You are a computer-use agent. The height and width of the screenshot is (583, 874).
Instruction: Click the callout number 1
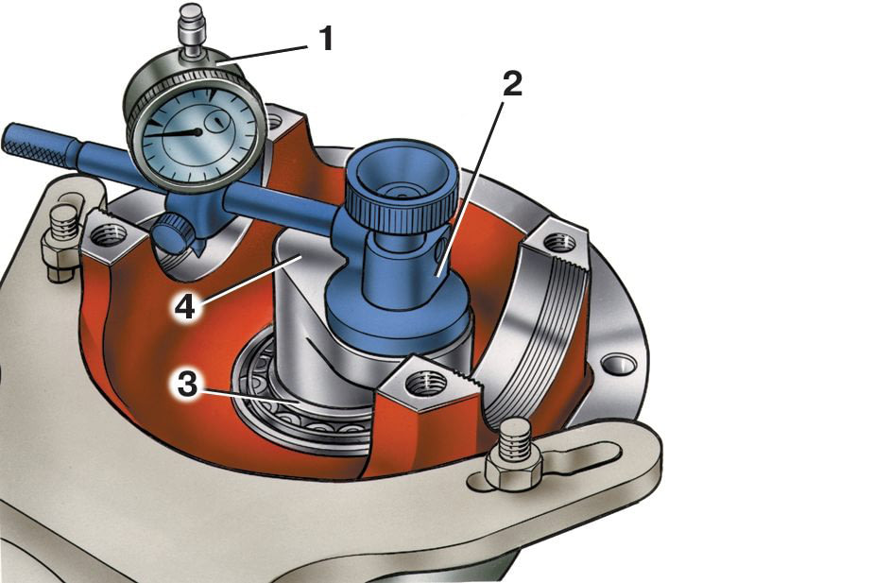[x=326, y=39]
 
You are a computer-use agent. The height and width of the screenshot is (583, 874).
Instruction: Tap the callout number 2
[x=512, y=84]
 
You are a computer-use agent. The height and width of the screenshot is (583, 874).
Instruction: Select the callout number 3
[x=187, y=386]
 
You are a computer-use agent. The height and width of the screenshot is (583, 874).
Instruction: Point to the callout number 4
[x=185, y=306]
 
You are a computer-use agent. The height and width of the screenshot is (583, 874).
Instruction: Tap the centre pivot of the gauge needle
[x=197, y=132]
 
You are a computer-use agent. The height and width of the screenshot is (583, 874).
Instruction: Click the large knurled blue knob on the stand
[x=402, y=190]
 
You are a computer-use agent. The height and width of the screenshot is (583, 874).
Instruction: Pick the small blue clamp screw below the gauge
[x=172, y=234]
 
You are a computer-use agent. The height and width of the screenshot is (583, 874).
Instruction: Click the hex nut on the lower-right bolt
[x=512, y=470]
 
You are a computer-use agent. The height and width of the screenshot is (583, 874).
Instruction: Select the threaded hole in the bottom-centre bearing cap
[x=426, y=385]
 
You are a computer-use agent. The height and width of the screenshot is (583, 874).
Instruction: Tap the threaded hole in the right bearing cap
[x=559, y=243]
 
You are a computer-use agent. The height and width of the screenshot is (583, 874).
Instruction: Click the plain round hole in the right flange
[x=619, y=365]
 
